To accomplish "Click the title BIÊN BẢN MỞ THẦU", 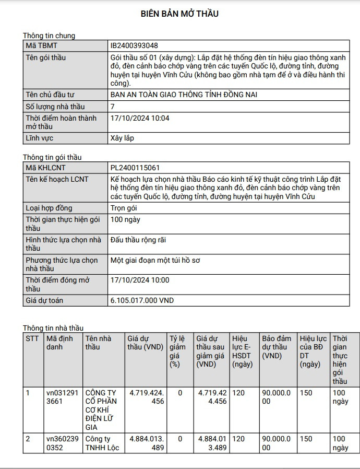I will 179,14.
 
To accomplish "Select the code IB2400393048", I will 134,45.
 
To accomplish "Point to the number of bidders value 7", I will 113,107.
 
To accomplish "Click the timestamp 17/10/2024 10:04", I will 140,118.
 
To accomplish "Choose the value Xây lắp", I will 123,138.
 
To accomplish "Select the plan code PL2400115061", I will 135,168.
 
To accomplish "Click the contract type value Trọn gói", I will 124,208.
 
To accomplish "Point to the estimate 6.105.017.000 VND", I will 142,300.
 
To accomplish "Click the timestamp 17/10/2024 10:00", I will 140,280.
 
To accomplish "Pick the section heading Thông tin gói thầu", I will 52,157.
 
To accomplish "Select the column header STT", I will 32,338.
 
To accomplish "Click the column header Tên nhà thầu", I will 98,343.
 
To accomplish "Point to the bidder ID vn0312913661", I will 62,397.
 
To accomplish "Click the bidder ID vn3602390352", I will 62,443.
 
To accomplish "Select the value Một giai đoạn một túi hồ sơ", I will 157,260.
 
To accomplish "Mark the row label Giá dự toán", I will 44,300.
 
